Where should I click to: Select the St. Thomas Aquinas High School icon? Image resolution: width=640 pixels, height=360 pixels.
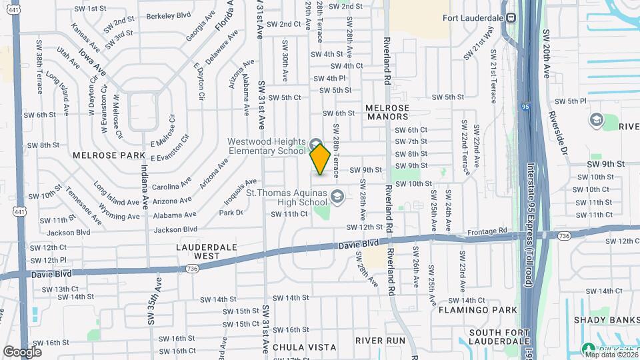[337, 195]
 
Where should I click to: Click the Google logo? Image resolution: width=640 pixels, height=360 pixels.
[22, 351]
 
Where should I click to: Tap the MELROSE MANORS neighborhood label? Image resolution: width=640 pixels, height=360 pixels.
[387, 113]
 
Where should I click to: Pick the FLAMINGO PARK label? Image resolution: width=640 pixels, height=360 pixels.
[478, 310]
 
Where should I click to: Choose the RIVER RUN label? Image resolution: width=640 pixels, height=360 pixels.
[381, 340]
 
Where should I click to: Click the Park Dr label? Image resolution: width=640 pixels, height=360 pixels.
[231, 213]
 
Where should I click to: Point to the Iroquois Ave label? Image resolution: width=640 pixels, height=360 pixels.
[241, 193]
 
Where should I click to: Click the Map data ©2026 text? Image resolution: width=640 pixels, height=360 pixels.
[609, 354]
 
